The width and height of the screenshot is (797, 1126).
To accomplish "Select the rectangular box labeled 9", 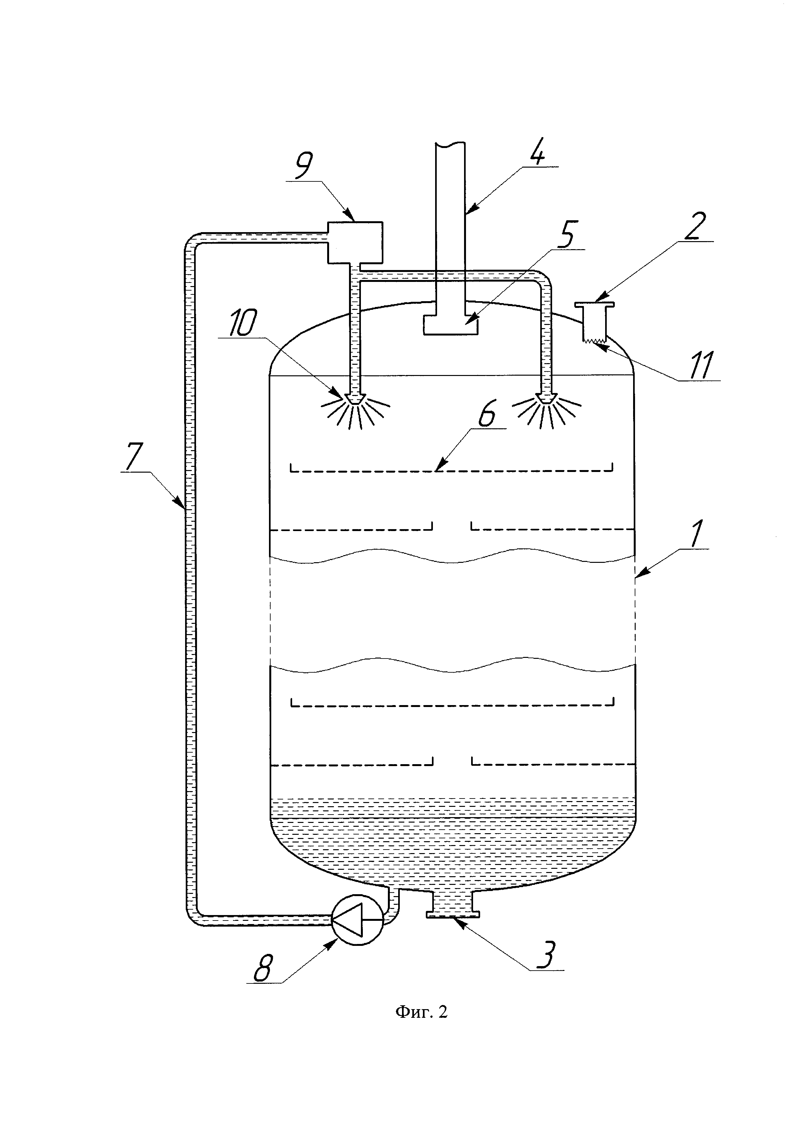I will point(355,242).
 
